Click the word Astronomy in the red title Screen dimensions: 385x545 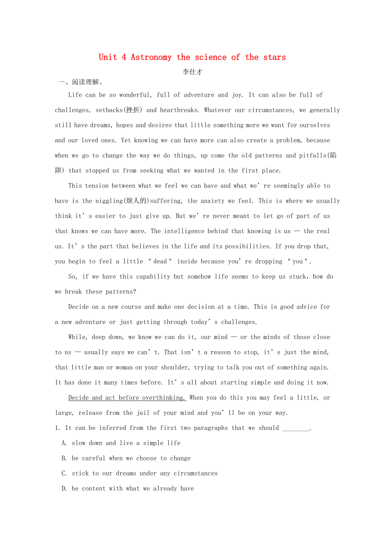pyautogui.click(x=151, y=57)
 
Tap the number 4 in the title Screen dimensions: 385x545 pyautogui.click(x=124, y=57)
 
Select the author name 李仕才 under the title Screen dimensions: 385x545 pyautogui.click(x=192, y=72)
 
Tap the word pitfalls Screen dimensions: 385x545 pyautogui.click(x=313, y=155)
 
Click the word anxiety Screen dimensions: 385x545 pyautogui.click(x=212, y=201)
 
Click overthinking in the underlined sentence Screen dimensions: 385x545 pyautogui.click(x=164, y=398)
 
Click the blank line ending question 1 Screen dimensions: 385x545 pyautogui.click(x=296, y=428)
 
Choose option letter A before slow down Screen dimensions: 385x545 pyautogui.click(x=64, y=443)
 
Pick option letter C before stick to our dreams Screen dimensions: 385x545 pyautogui.click(x=64, y=473)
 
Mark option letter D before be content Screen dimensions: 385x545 pyautogui.click(x=64, y=488)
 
